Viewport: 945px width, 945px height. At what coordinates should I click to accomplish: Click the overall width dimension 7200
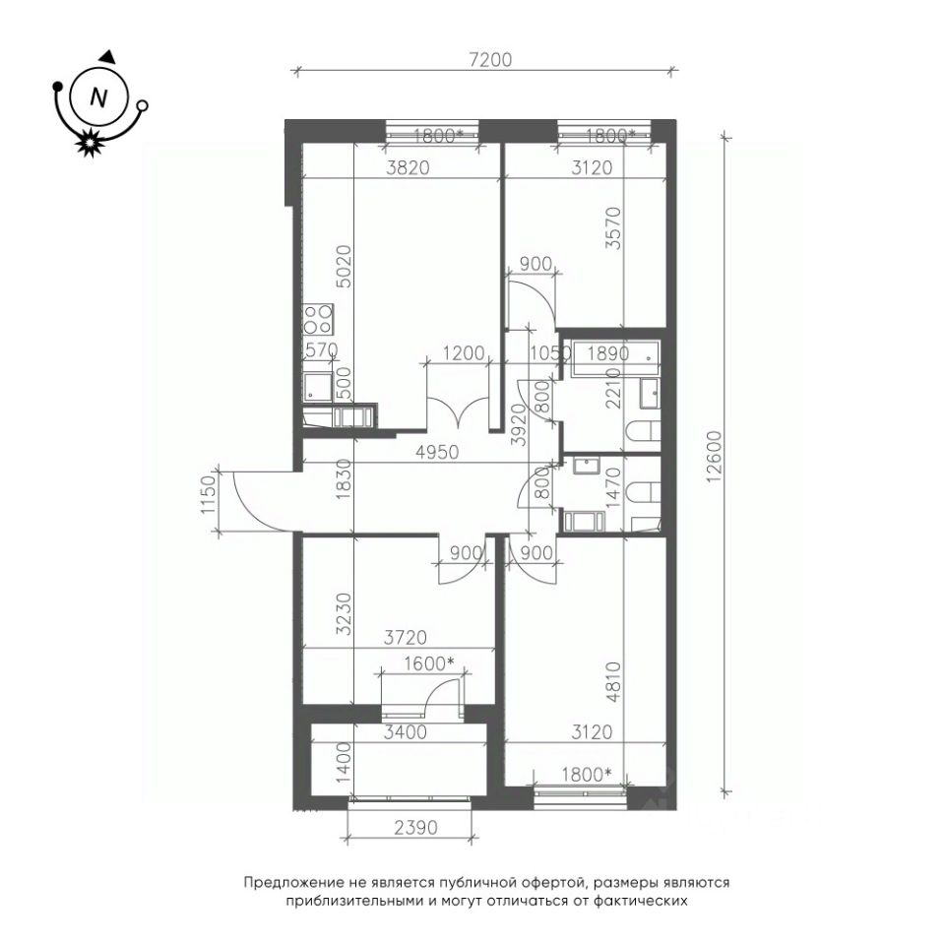490,59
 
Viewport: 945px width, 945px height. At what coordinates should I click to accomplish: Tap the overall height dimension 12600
715,457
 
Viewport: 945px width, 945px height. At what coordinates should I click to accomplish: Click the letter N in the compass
97,97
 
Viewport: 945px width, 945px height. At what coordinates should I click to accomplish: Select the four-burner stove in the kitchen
318,318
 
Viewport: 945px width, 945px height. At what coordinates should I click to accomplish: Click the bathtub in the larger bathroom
614,358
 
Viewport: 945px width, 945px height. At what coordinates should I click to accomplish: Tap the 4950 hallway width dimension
437,452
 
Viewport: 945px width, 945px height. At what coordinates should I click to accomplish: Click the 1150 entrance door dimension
209,495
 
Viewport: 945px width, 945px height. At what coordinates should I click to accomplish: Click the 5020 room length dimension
344,266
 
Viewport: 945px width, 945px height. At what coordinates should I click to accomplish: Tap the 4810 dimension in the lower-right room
613,681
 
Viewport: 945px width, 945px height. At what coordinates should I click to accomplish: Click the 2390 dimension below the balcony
415,828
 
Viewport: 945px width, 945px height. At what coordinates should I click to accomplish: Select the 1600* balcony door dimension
428,663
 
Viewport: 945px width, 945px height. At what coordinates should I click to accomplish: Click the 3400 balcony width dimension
405,732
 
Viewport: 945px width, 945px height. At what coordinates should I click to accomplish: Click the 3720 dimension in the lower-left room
405,637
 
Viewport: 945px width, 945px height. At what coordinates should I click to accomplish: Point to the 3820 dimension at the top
408,167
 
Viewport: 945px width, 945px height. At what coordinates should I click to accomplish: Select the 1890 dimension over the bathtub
608,353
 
